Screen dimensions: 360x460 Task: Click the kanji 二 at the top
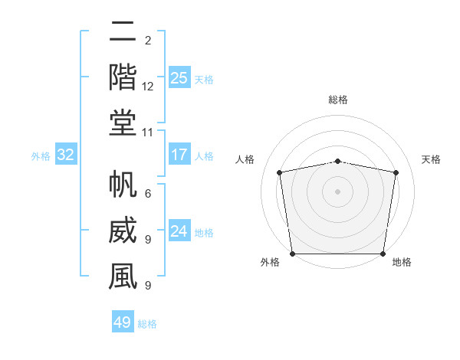[123, 31]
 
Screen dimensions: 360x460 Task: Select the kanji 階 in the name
[123, 77]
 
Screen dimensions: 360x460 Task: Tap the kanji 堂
[123, 123]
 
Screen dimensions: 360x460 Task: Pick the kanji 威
[123, 231]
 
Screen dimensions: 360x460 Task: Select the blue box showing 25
[179, 77]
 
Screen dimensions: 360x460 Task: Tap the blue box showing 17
[179, 155]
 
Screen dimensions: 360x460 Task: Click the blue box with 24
[179, 231]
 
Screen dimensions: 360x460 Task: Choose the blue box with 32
[66, 155]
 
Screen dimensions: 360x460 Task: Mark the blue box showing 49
[123, 322]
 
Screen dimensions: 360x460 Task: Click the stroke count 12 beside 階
[148, 87]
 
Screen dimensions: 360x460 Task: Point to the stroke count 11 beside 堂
[148, 133]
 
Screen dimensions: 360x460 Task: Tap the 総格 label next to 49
[147, 324]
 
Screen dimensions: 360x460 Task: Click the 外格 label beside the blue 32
[41, 156]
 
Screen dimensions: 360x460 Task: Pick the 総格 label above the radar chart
[338, 100]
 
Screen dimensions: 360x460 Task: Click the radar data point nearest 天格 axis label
[396, 172]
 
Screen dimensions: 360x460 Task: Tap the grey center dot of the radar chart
[337, 191]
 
